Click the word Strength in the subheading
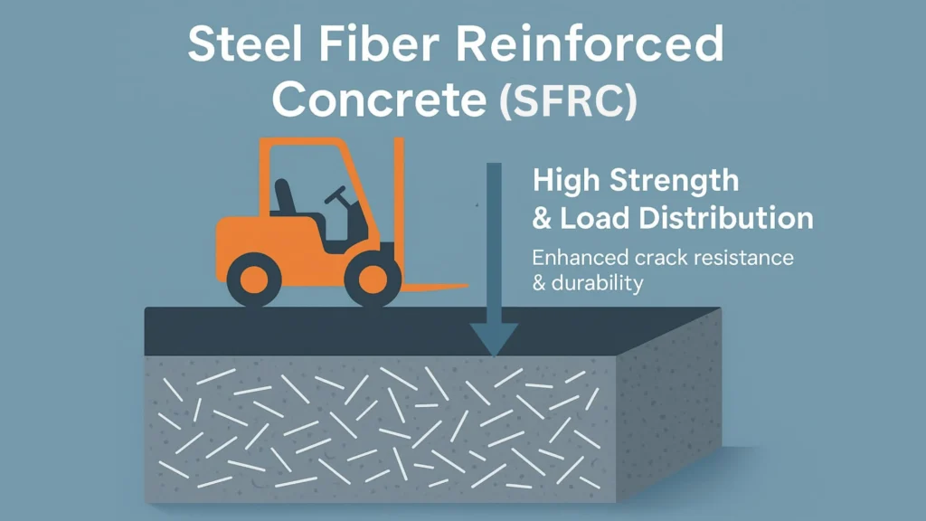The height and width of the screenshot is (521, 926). coord(675,181)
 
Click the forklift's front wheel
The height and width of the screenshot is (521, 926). coord(372,279)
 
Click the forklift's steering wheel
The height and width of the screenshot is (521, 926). coord(337,194)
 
